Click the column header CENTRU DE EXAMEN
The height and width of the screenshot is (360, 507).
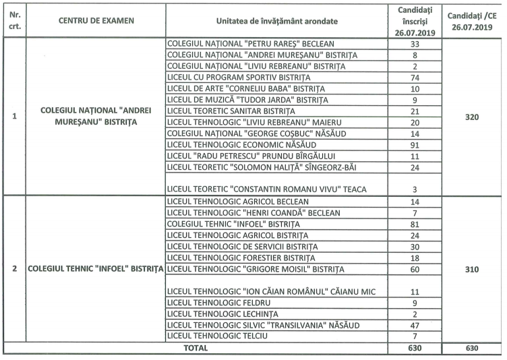pyautogui.click(x=96, y=20)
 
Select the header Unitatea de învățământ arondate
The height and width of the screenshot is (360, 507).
pyautogui.click(x=277, y=21)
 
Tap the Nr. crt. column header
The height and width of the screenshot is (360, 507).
pyautogui.click(x=14, y=20)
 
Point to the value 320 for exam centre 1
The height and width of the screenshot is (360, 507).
pyautogui.click(x=471, y=117)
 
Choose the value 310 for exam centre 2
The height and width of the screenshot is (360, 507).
pyautogui.click(x=471, y=270)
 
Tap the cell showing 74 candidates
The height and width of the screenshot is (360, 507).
pyautogui.click(x=415, y=78)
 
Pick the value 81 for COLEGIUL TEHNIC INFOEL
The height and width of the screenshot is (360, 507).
pyautogui.click(x=415, y=224)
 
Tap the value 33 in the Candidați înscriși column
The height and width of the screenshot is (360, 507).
pyautogui.click(x=415, y=43)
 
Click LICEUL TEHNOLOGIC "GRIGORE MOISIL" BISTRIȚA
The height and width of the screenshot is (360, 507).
pyautogui.click(x=255, y=270)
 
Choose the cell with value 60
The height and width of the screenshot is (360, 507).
pyautogui.click(x=415, y=270)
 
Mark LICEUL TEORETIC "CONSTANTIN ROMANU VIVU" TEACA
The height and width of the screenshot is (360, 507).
pyautogui.click(x=267, y=189)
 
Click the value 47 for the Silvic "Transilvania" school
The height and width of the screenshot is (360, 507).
pyautogui.click(x=415, y=325)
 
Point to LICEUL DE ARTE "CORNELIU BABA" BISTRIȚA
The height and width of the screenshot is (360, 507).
pyautogui.click(x=245, y=89)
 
